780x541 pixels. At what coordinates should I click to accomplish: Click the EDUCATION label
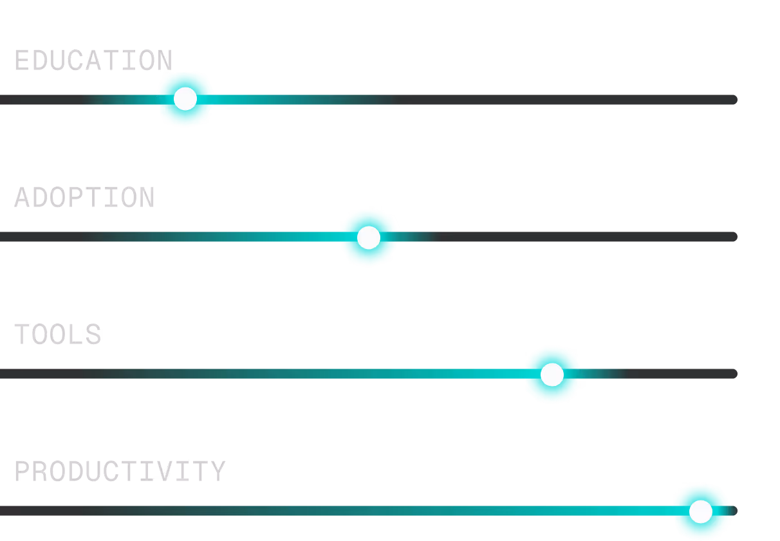(93, 60)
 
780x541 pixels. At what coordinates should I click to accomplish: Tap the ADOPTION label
(84, 197)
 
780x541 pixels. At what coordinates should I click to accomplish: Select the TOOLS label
(58, 335)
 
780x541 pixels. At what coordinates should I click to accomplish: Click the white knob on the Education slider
(185, 99)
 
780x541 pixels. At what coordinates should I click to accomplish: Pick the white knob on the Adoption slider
(368, 237)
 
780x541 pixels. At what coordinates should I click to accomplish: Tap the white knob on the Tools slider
(552, 374)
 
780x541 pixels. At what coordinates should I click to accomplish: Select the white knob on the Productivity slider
(700, 511)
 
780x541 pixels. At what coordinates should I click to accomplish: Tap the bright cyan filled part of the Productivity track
(579, 511)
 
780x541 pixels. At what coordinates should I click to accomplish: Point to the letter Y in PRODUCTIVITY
(218, 472)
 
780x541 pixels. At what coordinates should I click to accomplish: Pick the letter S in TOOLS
(94, 335)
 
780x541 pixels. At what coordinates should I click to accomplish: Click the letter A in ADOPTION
(22, 197)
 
